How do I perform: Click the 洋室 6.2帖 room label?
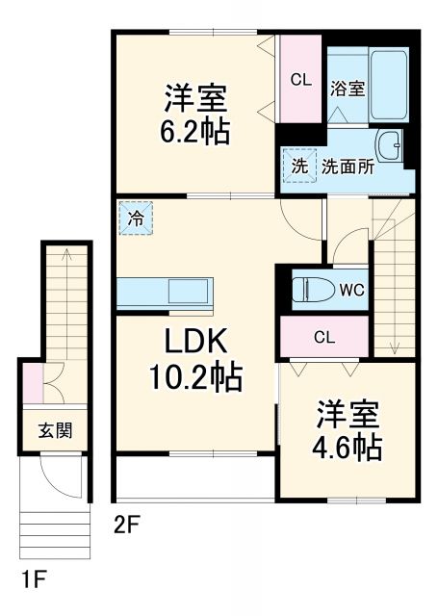point(195,114)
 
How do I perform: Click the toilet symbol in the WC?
point(310,290)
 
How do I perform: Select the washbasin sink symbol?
point(391,146)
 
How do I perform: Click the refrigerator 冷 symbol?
point(137,218)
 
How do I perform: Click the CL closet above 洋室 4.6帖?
point(323,337)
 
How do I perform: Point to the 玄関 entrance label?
point(54,430)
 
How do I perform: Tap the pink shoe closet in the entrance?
point(33,380)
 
